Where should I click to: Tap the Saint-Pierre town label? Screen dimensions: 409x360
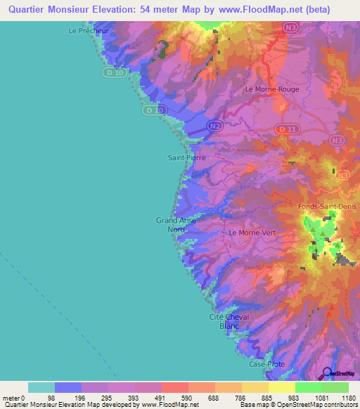(186, 158)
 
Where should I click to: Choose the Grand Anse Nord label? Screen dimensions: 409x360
(175, 225)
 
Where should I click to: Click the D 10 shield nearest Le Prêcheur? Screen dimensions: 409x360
(116, 72)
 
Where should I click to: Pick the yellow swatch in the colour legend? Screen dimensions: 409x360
(281, 387)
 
